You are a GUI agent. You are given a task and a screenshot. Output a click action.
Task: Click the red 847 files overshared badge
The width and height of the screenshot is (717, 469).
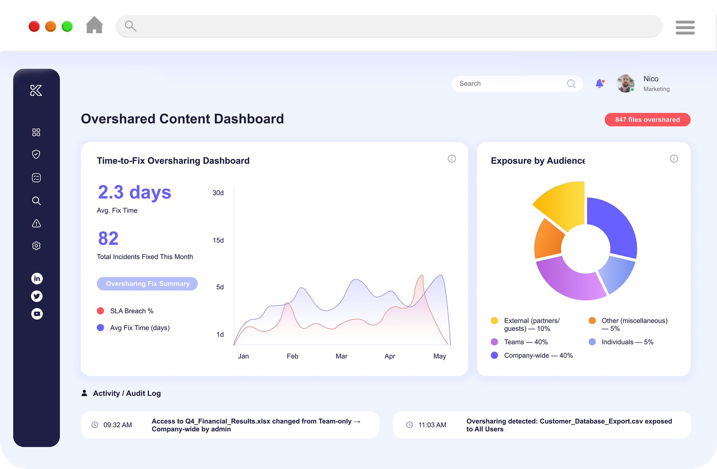pyautogui.click(x=647, y=120)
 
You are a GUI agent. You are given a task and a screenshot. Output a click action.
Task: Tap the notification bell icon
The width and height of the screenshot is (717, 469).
pyautogui.click(x=600, y=83)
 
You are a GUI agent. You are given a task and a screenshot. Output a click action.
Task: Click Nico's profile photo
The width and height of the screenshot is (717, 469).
pyautogui.click(x=626, y=83)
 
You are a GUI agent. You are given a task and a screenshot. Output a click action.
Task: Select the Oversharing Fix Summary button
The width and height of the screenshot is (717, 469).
pyautogui.click(x=147, y=284)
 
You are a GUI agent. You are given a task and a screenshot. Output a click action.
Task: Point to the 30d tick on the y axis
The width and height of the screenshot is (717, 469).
pyautogui.click(x=218, y=193)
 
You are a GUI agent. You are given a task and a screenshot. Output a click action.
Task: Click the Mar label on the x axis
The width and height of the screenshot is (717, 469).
pyautogui.click(x=341, y=356)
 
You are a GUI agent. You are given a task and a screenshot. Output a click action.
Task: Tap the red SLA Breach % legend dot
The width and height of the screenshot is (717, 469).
pyautogui.click(x=100, y=311)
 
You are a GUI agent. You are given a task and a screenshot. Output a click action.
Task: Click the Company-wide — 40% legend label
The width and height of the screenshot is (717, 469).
pyautogui.click(x=538, y=355)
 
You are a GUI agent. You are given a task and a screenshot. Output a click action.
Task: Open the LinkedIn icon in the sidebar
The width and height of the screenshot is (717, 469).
pyautogui.click(x=37, y=278)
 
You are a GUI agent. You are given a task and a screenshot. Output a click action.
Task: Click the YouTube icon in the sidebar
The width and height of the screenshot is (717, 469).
pyautogui.click(x=37, y=314)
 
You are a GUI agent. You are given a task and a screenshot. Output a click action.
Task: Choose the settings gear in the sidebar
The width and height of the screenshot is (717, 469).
pyautogui.click(x=36, y=246)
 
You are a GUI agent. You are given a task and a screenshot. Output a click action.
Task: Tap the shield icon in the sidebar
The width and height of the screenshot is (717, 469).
pyautogui.click(x=36, y=154)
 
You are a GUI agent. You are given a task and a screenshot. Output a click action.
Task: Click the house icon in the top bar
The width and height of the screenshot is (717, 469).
pyautogui.click(x=94, y=25)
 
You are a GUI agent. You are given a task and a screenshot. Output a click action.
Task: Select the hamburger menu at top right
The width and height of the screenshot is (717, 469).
pyautogui.click(x=685, y=27)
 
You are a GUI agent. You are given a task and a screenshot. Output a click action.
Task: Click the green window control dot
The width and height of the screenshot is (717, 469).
pyautogui.click(x=67, y=27)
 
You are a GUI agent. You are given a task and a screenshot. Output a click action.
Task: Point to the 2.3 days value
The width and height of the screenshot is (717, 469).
pyautogui.click(x=134, y=193)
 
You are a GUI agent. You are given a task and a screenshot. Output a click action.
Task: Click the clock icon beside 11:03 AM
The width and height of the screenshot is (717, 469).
pyautogui.click(x=410, y=425)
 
